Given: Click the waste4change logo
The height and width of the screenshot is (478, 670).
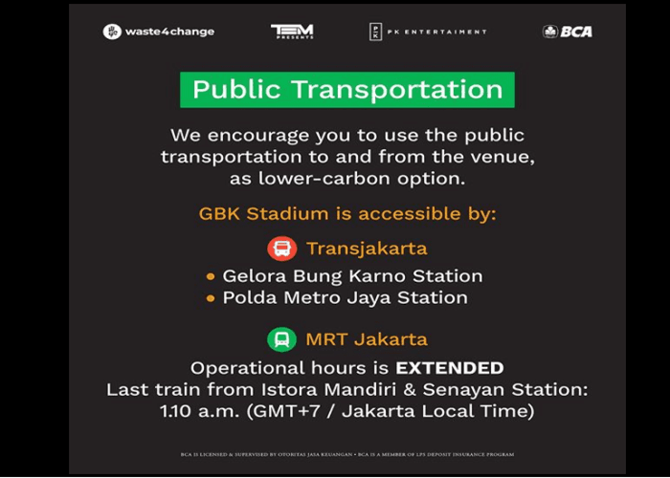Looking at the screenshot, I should click(x=159, y=32).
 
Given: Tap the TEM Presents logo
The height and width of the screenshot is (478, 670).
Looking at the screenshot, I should click(x=292, y=32).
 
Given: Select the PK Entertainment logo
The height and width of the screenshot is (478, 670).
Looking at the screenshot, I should click(x=427, y=32).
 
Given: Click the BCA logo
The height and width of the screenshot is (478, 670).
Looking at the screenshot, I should click(x=568, y=32).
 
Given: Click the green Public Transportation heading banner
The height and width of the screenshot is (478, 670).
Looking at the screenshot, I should click(x=347, y=90).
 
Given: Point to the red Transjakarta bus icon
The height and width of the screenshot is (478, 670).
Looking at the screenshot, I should click(x=281, y=249).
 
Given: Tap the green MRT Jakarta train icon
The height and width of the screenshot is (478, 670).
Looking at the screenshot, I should click(x=281, y=339).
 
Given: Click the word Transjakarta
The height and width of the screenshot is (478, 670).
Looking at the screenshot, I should click(x=367, y=249).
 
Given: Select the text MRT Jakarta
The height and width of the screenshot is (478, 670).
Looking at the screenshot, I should click(x=367, y=339).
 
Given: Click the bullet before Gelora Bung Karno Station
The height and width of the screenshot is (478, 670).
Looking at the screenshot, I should click(x=211, y=276).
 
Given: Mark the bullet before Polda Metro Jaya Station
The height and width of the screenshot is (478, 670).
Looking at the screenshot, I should click(x=211, y=298).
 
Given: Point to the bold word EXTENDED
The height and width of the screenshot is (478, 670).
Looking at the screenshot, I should click(x=450, y=367).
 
